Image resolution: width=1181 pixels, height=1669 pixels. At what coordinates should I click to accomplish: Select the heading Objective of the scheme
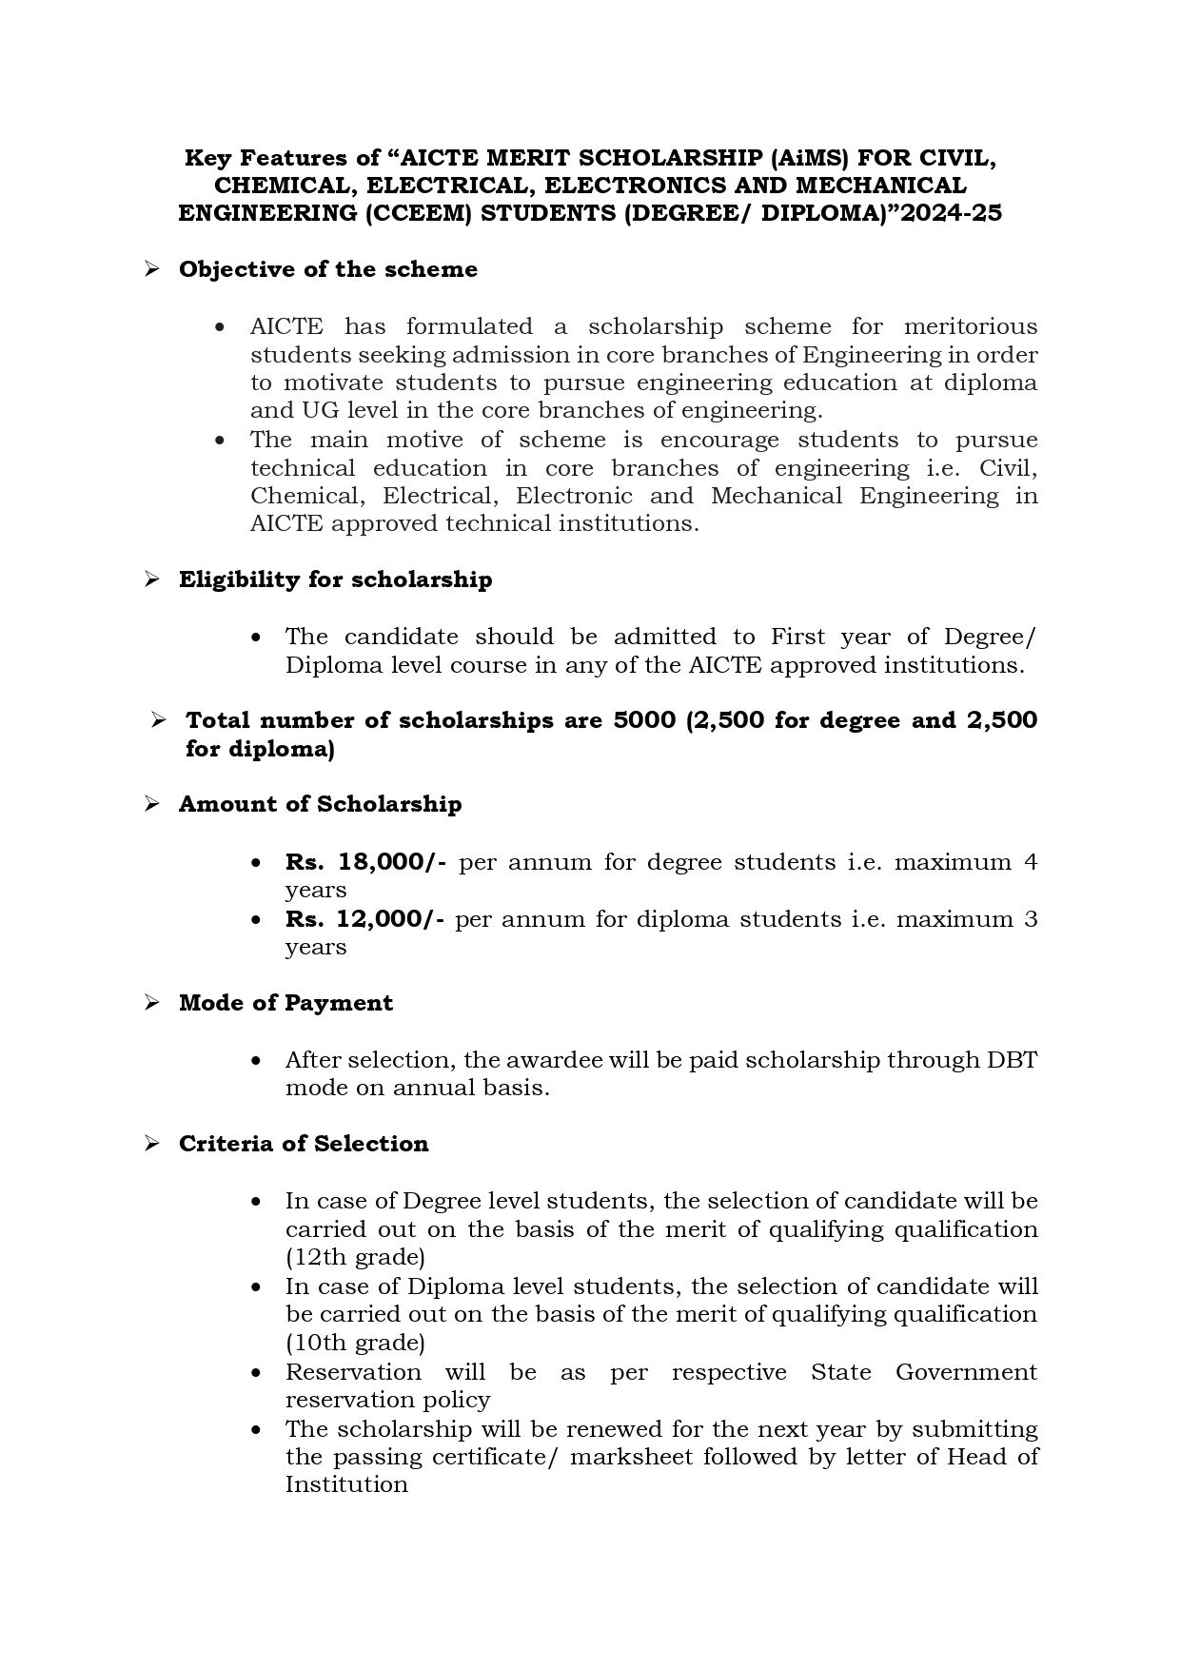pyautogui.click(x=327, y=269)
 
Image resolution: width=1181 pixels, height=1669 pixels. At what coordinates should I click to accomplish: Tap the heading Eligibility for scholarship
pyautogui.click(x=335, y=579)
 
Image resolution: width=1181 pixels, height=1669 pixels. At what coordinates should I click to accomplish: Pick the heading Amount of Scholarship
pyautogui.click(x=320, y=804)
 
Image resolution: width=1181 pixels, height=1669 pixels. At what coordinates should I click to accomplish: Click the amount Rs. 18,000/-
pyautogui.click(x=365, y=862)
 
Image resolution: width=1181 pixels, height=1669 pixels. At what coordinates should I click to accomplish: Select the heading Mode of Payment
pyautogui.click(x=285, y=1003)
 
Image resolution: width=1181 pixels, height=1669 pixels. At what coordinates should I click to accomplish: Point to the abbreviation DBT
pyautogui.click(x=1012, y=1060)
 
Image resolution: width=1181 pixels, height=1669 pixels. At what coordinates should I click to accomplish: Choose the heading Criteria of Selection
pyautogui.click(x=304, y=1144)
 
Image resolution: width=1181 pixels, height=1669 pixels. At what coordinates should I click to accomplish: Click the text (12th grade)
pyautogui.click(x=355, y=1257)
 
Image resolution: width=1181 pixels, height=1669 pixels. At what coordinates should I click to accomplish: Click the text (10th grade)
pyautogui.click(x=355, y=1343)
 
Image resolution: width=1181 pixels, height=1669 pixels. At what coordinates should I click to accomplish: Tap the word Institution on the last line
pyautogui.click(x=346, y=1484)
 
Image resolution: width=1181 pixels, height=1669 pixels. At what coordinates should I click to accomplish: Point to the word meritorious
pyautogui.click(x=970, y=326)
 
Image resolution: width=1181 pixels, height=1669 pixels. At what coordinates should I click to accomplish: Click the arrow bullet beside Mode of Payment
pyautogui.click(x=151, y=1003)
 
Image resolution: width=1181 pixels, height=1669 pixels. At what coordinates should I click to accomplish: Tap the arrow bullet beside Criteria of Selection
pyautogui.click(x=151, y=1144)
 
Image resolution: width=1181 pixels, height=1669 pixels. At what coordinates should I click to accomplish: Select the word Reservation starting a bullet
pyautogui.click(x=353, y=1372)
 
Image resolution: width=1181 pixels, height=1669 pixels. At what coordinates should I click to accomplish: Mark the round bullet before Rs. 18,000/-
pyautogui.click(x=256, y=863)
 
